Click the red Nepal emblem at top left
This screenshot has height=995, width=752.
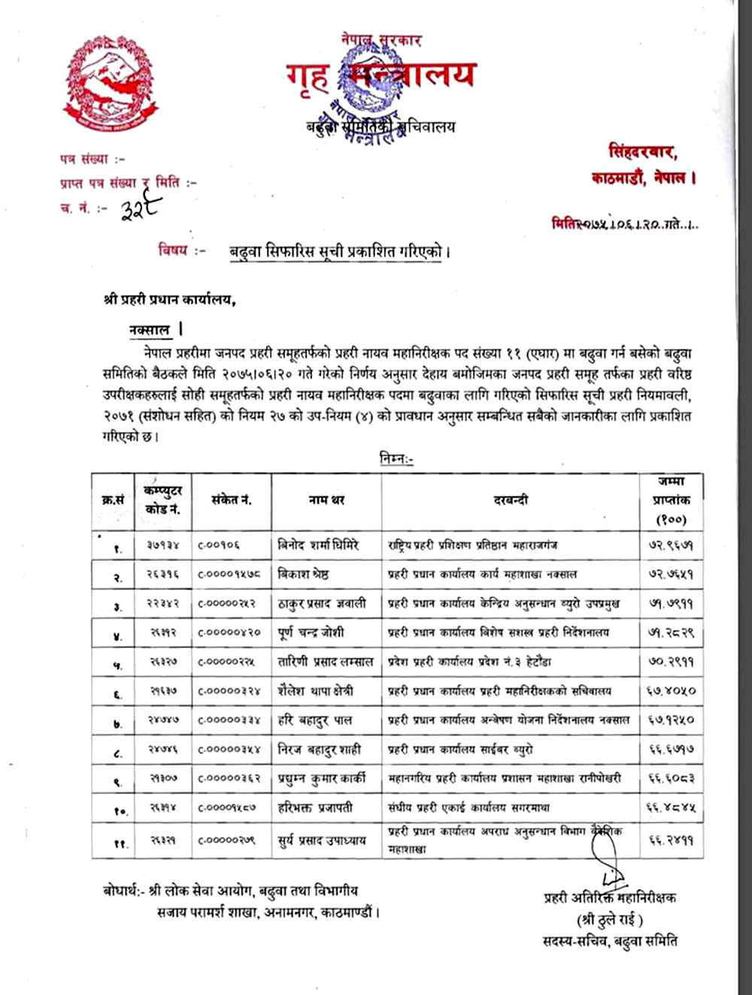pyautogui.click(x=111, y=84)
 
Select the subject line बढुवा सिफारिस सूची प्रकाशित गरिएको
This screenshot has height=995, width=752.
pyautogui.click(x=339, y=252)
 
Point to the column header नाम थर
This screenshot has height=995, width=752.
pyautogui.click(x=326, y=500)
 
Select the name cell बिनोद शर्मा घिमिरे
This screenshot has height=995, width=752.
pyautogui.click(x=319, y=545)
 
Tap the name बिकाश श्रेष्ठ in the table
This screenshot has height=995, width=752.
pyautogui.click(x=304, y=574)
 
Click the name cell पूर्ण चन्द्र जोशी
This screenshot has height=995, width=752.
pyautogui.click(x=311, y=632)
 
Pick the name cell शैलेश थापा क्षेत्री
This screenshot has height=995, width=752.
pyautogui.click(x=316, y=691)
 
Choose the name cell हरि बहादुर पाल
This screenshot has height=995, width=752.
pyautogui.click(x=315, y=720)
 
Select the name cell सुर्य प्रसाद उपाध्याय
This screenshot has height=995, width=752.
pyautogui.click(x=322, y=840)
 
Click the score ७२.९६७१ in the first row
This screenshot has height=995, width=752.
pyautogui.click(x=671, y=545)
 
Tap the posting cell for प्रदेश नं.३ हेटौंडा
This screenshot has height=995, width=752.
pyautogui.click(x=469, y=662)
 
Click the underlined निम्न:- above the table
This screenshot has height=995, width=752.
pyautogui.click(x=396, y=458)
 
